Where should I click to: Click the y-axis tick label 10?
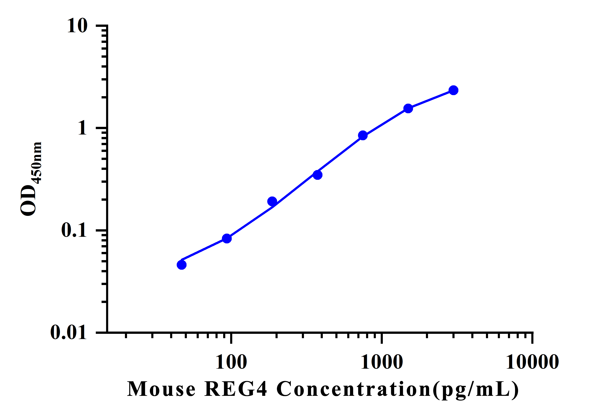pos(77,26)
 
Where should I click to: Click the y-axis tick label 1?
pos(82,128)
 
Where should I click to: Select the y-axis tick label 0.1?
pos(74,230)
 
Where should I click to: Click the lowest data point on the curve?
pos(182,265)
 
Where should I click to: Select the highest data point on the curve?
pos(453,90)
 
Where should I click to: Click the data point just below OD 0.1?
pos(227,239)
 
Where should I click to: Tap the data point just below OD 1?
pos(363,135)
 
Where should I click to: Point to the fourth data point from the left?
pos(317,175)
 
